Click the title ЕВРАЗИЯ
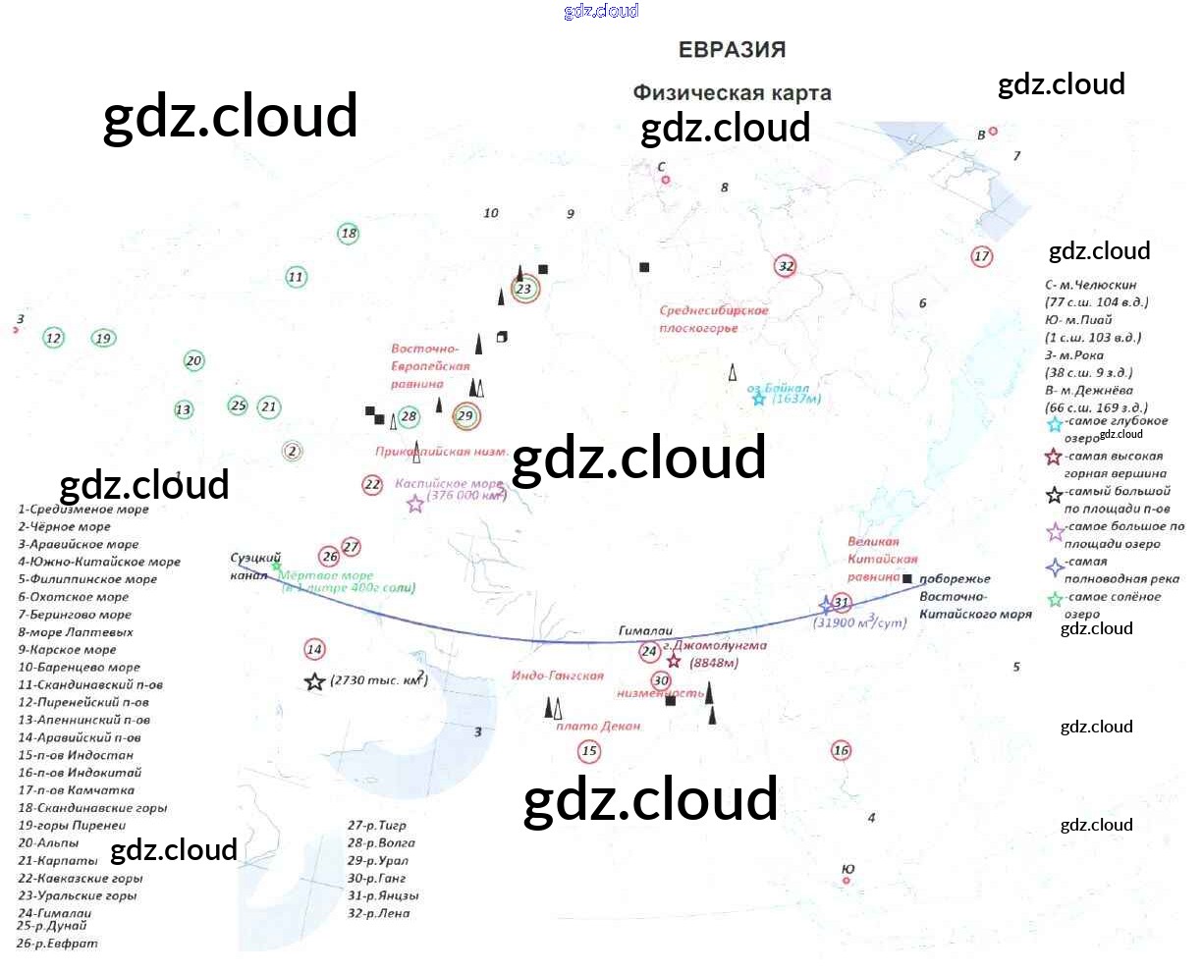tap(732, 50)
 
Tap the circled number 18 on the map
tap(349, 234)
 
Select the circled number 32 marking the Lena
tap(786, 266)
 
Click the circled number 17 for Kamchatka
tap(981, 256)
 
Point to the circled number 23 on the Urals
tap(524, 289)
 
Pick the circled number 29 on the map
tap(465, 416)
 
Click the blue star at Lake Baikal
tap(758, 399)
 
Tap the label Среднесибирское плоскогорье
tap(713, 319)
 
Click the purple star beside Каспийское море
tap(415, 504)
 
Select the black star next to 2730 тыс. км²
tap(314, 681)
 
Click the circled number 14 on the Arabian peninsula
tap(314, 649)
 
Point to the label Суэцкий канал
tap(254, 567)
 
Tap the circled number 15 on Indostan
tap(588, 751)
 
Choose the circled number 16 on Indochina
tap(841, 751)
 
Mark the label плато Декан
tap(597, 727)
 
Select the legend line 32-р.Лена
tap(378, 913)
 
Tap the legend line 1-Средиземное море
tap(83, 510)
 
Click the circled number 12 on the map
tap(53, 339)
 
